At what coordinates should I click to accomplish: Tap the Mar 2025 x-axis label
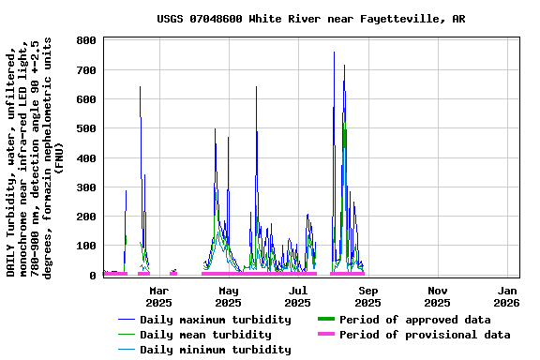(x=158, y=296)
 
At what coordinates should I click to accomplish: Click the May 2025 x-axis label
(x=228, y=296)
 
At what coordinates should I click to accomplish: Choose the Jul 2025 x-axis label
(x=297, y=296)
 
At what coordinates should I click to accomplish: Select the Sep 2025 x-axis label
(x=367, y=296)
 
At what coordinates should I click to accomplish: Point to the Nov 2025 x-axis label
(x=437, y=296)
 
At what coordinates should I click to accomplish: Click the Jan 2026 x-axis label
(x=506, y=296)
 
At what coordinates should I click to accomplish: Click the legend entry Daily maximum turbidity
(x=215, y=320)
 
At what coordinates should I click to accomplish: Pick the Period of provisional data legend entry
(x=425, y=335)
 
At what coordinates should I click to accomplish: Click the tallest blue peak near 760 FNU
(x=334, y=52)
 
